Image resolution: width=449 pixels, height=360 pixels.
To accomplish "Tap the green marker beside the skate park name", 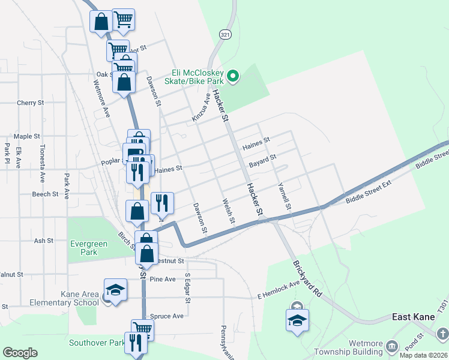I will tap(234, 76).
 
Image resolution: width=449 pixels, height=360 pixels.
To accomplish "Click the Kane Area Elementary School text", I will tap(79, 298).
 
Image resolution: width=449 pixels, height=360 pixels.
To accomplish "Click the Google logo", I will tap(20, 353).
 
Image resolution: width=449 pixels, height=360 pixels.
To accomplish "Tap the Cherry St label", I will tap(31, 103).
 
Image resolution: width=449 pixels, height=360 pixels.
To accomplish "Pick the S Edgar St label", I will tap(187, 287).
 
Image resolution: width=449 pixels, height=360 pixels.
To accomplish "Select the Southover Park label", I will tap(96, 343).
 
